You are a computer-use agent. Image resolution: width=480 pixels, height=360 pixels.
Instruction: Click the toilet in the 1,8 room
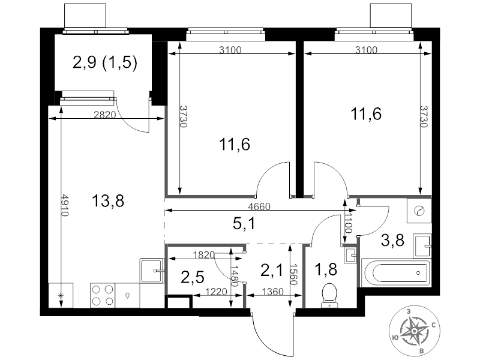coord(329,295)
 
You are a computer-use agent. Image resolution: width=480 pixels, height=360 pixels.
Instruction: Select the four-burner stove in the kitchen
coord(103,295)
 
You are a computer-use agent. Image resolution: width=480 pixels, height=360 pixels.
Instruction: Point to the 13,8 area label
coord(108,202)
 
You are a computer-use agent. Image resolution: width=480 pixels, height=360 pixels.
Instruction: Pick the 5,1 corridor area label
coord(244,224)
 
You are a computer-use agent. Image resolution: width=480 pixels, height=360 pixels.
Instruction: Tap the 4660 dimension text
coord(259,206)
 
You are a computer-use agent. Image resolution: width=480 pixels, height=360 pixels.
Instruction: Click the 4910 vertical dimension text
coord(64,205)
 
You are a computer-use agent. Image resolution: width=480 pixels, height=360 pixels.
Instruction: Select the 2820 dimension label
coord(104,115)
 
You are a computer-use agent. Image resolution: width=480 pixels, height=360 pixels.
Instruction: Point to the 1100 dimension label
coord(349,223)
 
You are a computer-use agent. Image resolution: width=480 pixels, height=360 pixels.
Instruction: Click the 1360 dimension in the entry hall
coord(273,292)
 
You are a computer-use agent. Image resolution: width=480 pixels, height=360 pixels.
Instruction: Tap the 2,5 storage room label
coord(193,277)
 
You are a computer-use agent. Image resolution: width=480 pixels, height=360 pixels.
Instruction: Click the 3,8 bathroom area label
coord(393,241)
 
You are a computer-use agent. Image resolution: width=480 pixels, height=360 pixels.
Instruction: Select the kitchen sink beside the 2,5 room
coord(152,271)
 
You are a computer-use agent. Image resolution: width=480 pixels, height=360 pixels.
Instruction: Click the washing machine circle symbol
coord(418,211)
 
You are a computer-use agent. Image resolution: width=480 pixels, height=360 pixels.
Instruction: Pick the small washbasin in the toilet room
coord(350,254)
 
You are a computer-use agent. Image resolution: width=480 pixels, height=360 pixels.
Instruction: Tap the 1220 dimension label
coord(216,292)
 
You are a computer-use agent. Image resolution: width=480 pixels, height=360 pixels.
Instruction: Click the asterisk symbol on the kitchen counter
coord(61,295)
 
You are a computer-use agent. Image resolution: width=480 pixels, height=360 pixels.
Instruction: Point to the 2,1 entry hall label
coord(272,270)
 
